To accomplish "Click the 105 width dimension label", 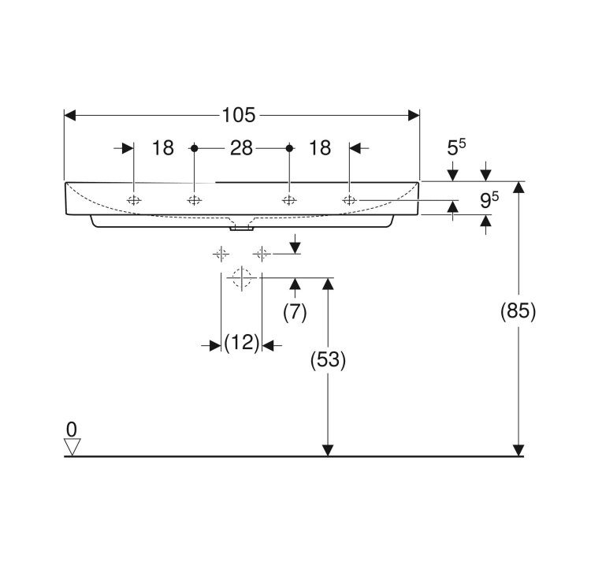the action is click(x=239, y=115).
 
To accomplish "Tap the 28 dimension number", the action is click(x=241, y=148).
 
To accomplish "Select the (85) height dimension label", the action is click(x=518, y=311).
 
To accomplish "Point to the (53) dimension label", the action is click(x=328, y=359).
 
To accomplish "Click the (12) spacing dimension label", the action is click(x=242, y=343).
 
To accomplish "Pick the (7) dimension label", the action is click(x=295, y=312).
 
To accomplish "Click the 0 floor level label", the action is click(x=71, y=429).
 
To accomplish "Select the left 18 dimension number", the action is click(x=163, y=148).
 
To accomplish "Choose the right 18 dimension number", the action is click(x=320, y=148).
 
